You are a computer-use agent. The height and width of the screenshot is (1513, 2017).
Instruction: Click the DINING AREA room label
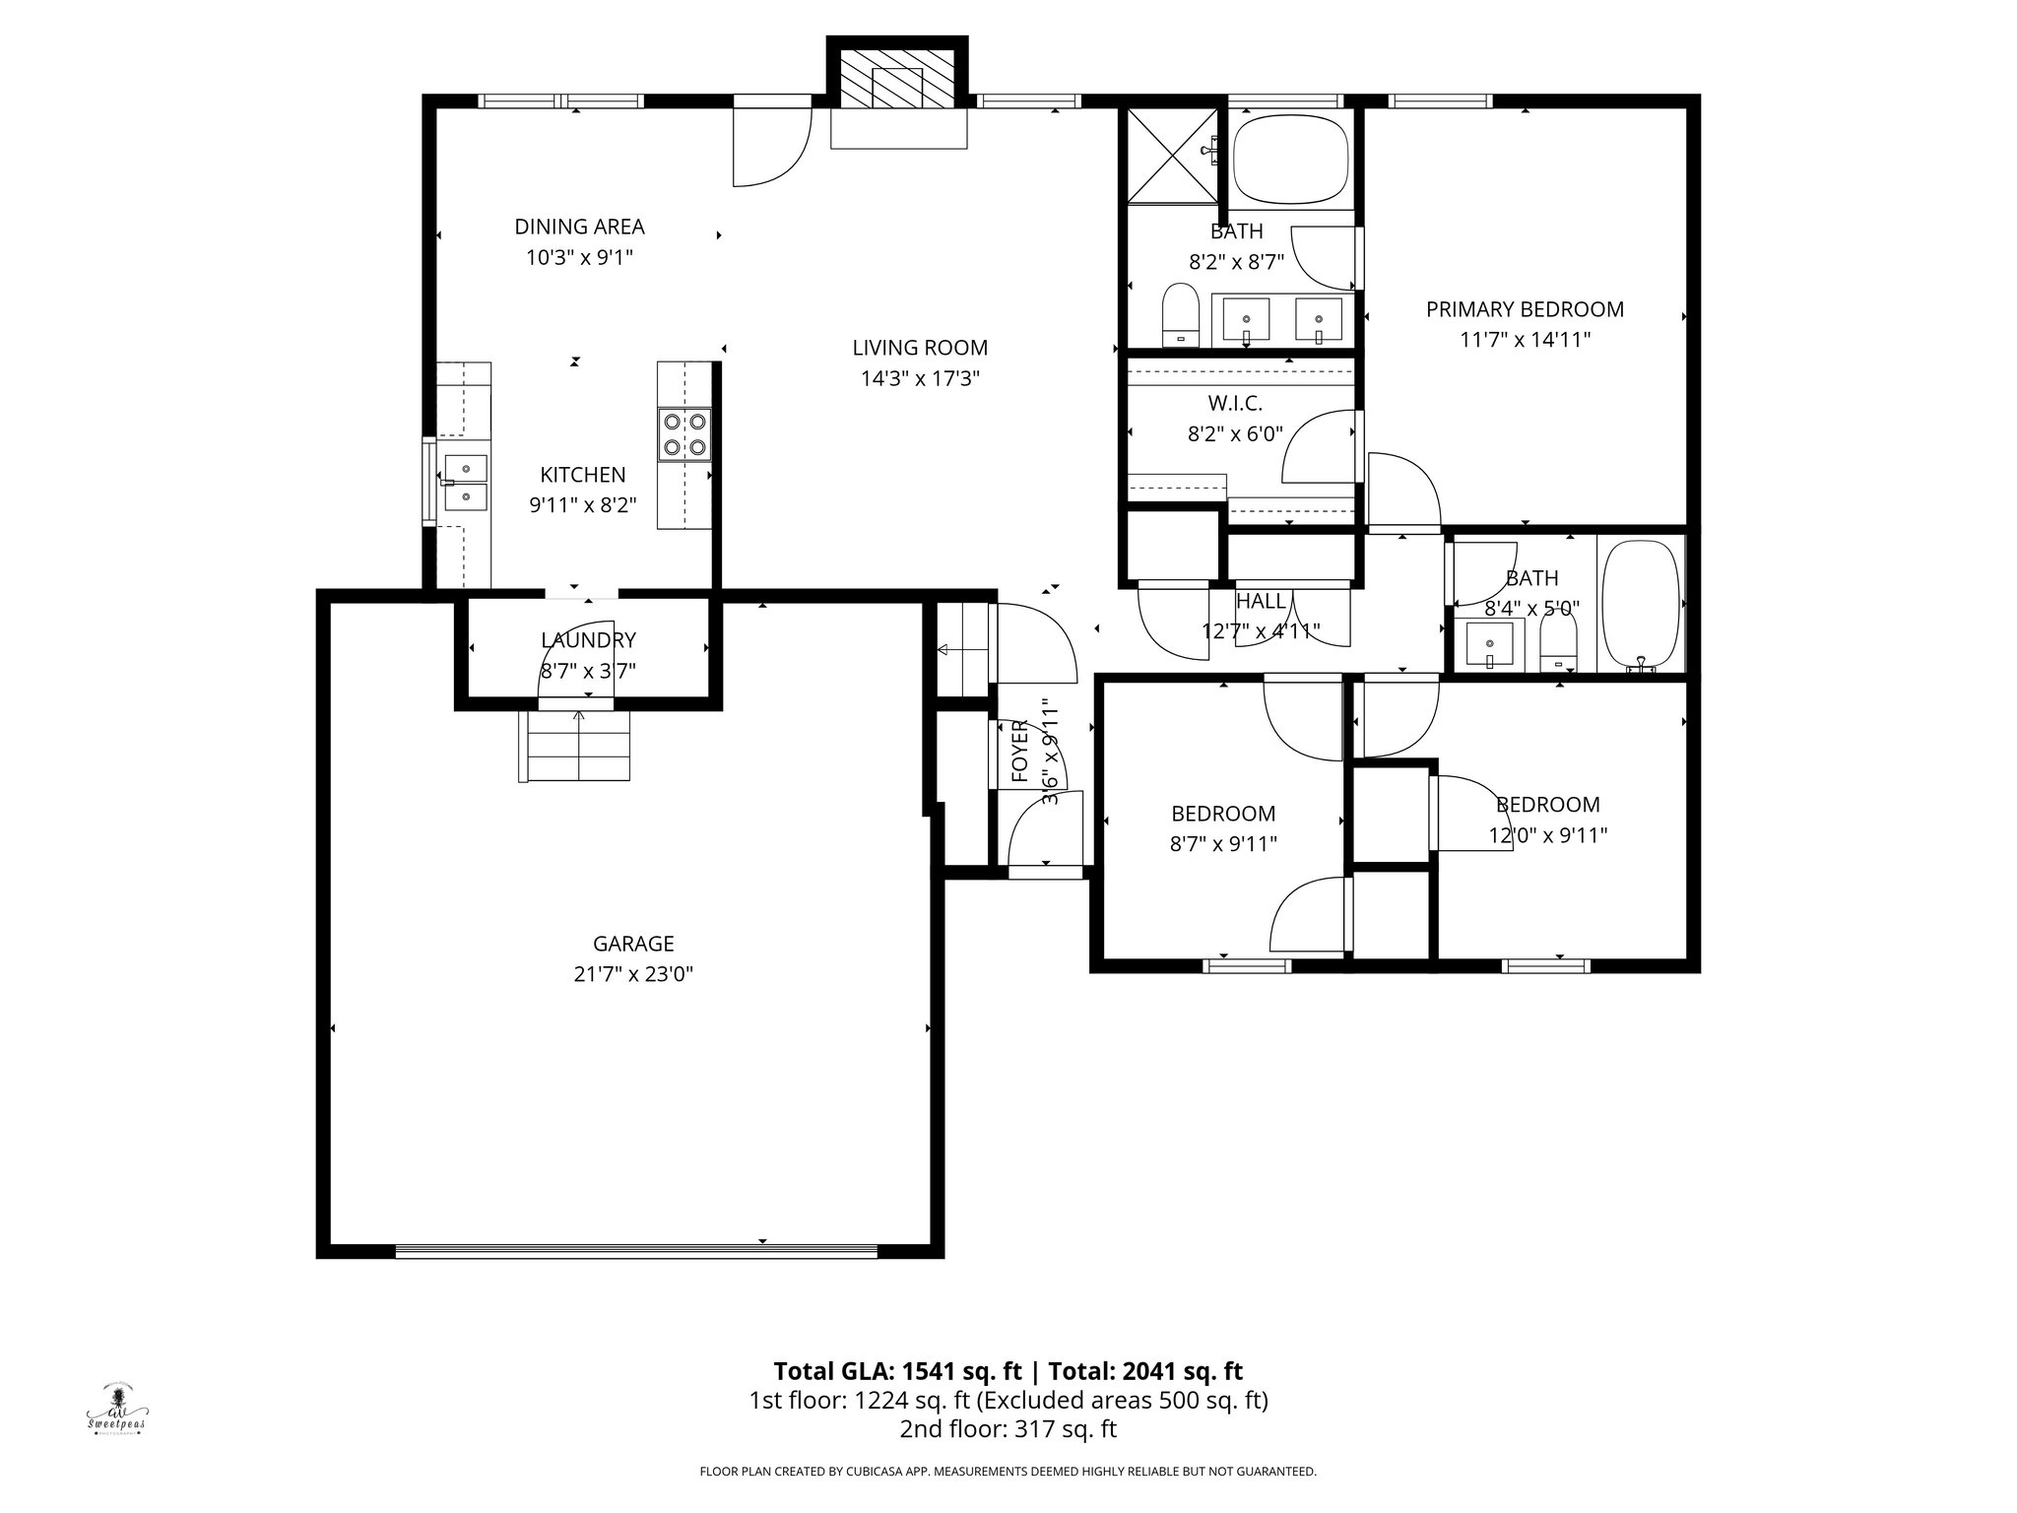(x=579, y=227)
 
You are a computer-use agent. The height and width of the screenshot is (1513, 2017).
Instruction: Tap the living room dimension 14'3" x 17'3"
(x=920, y=378)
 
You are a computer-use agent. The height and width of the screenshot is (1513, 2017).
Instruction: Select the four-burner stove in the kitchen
(x=684, y=434)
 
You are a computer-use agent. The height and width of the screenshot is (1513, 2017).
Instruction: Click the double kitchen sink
(x=465, y=482)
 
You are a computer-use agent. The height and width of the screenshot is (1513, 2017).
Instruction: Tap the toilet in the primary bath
(x=1179, y=315)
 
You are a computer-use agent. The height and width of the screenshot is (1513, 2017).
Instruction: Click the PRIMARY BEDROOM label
(x=1525, y=309)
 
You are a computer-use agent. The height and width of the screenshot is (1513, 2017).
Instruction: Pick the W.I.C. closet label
(x=1234, y=403)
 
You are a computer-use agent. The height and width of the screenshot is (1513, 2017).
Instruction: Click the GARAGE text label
(x=633, y=944)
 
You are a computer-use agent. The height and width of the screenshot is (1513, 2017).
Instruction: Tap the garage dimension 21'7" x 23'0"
(x=633, y=974)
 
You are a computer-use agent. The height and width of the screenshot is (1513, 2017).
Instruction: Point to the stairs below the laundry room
(x=574, y=746)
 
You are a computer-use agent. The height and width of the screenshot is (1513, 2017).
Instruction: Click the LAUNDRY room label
(x=588, y=640)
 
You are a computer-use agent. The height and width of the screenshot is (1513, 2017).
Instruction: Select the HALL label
(x=1261, y=601)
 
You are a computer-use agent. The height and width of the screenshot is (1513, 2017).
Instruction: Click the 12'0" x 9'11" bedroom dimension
(x=1547, y=835)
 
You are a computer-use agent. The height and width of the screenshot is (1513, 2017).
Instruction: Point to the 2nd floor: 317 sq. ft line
(x=1008, y=1429)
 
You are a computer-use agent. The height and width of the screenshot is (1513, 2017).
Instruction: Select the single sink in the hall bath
(x=1489, y=646)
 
